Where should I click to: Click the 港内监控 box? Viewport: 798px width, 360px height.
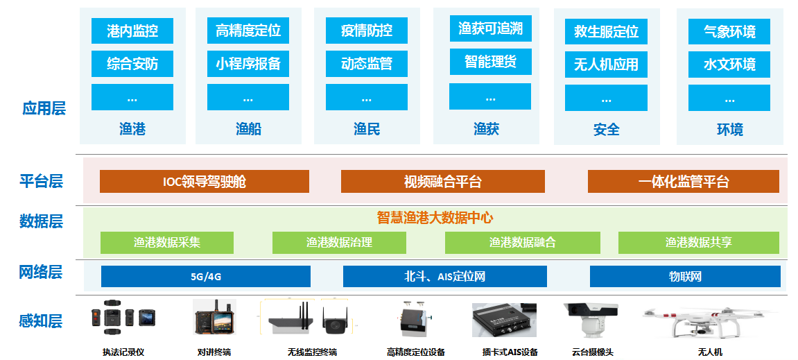point(132,31)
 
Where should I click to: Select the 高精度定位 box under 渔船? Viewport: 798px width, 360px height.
point(248,31)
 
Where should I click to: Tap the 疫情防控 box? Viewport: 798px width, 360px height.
point(366,31)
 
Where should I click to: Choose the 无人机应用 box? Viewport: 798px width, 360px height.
point(606,65)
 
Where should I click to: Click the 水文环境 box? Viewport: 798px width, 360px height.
point(729,65)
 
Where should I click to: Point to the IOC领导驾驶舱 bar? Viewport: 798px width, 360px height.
point(204,182)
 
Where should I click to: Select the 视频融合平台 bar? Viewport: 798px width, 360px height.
point(442,182)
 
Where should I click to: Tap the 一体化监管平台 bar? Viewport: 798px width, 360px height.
point(683,182)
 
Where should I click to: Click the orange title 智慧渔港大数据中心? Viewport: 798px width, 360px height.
point(435,218)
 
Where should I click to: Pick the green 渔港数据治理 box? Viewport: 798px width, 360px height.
point(339,243)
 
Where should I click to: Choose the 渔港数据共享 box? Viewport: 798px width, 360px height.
point(698,243)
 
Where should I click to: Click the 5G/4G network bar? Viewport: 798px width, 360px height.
point(206,276)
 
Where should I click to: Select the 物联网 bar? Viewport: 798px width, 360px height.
point(685,276)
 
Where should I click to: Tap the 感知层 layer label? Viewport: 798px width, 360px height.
point(41,320)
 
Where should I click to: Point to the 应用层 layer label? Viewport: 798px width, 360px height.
point(44,108)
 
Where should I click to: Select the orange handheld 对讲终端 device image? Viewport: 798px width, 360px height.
point(212,318)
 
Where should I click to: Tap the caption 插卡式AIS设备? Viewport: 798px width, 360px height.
point(510,352)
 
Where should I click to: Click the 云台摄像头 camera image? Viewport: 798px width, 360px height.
point(589,320)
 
